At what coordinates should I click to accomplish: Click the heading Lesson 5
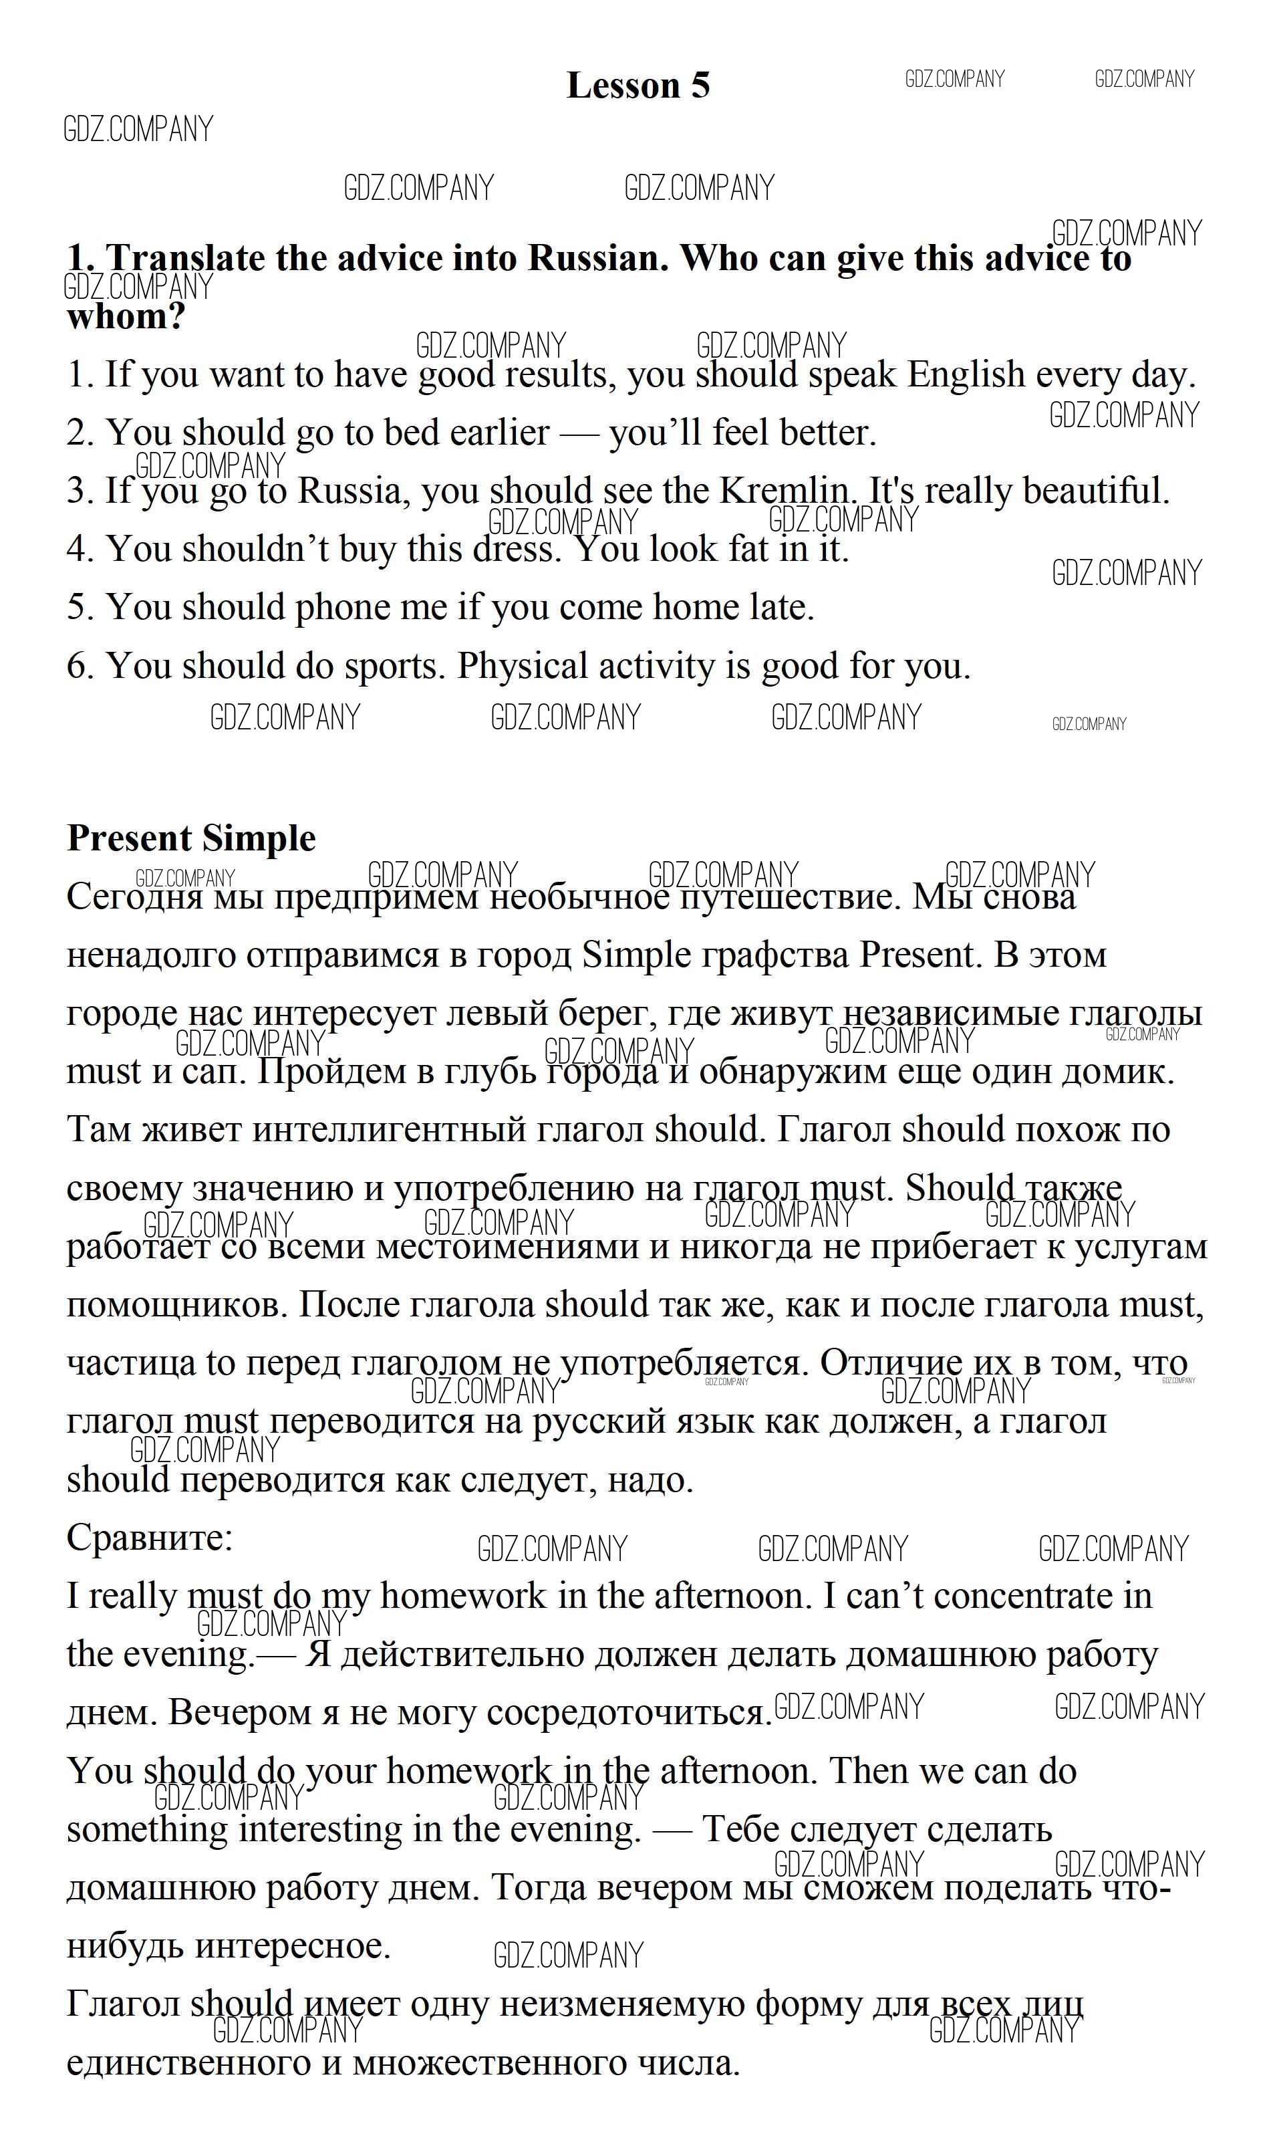click(637, 86)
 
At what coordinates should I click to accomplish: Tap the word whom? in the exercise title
click(126, 316)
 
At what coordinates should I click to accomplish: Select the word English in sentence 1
click(964, 374)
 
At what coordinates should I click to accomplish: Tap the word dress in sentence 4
click(510, 548)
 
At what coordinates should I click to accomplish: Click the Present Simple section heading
click(191, 838)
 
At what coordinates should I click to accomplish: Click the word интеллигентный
click(389, 1129)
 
